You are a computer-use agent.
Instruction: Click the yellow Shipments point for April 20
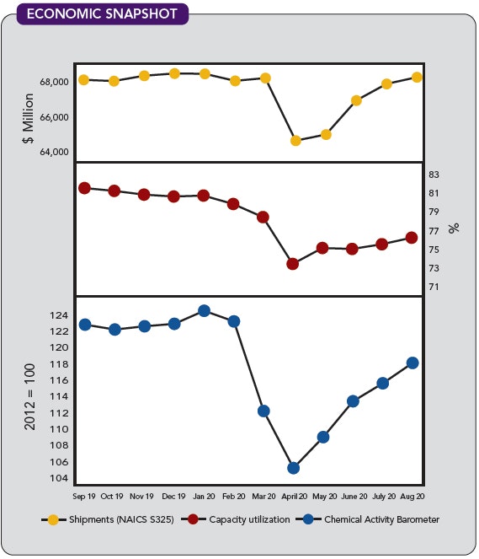295,141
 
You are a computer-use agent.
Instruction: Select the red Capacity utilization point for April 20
292,264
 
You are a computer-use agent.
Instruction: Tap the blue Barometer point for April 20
293,468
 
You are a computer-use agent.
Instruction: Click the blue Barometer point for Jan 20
204,310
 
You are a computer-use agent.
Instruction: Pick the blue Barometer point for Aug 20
412,363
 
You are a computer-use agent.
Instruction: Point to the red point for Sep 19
84,187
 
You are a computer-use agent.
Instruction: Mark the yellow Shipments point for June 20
356,100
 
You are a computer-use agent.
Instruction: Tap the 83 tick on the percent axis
434,175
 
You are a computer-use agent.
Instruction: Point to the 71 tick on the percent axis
434,287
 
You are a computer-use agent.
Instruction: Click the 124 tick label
59,315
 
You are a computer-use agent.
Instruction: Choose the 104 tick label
59,478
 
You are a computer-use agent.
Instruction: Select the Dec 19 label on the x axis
173,497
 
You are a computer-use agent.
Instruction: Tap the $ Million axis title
29,117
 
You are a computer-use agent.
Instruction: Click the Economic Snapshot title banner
100,14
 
